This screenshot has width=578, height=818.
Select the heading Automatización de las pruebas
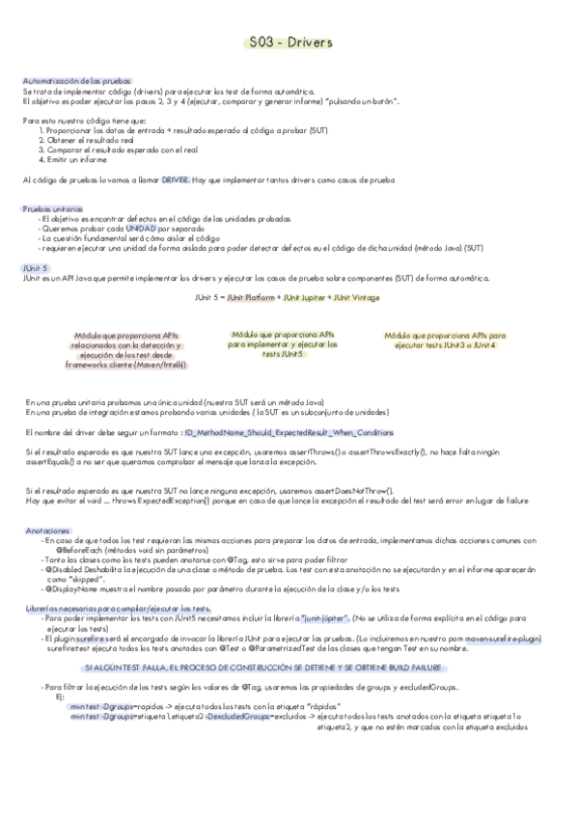coord(77,81)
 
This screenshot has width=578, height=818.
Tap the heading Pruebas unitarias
coord(52,208)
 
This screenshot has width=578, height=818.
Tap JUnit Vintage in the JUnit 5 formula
coord(357,298)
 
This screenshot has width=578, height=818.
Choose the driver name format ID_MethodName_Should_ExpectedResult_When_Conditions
coord(289,433)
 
